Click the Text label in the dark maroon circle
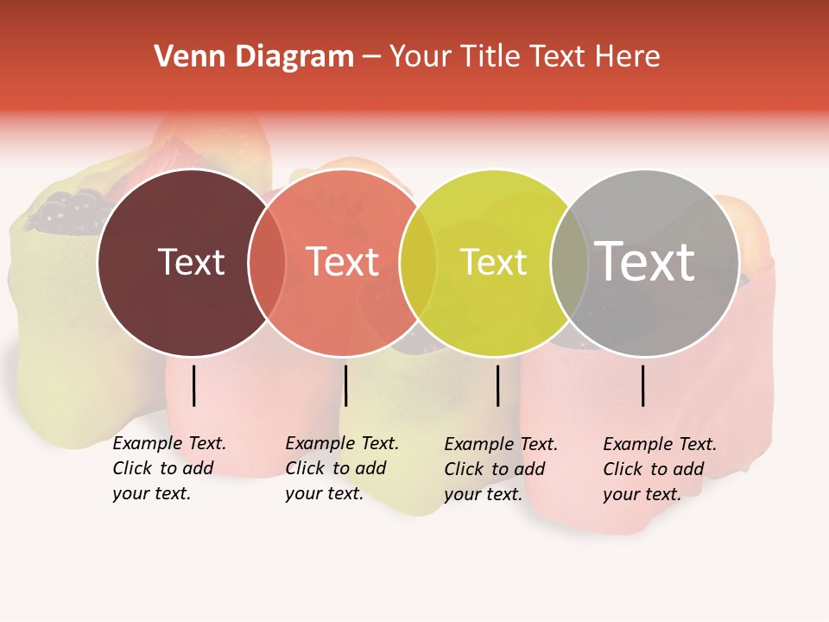pos(191,262)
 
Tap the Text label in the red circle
pos(342,262)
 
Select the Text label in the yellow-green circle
pos(493,262)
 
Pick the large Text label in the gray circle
pos(644,262)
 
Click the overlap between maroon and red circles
pos(267,263)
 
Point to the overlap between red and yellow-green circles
pos(418,263)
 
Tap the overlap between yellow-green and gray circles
pos(569,263)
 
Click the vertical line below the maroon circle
pos(194,385)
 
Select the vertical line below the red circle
pos(345,385)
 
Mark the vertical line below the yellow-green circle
pos(498,385)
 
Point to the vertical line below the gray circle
pos(643,385)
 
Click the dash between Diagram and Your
pos(371,57)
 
